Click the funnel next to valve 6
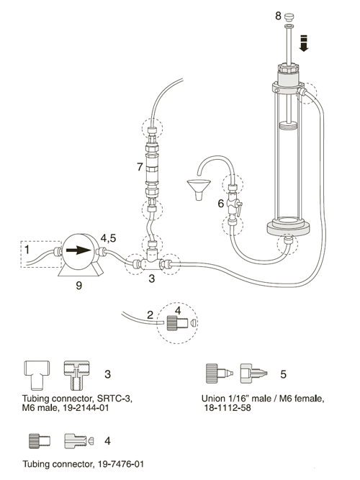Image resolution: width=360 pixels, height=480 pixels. pyautogui.click(x=199, y=189)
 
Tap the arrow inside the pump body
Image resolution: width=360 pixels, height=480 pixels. pyautogui.click(x=79, y=250)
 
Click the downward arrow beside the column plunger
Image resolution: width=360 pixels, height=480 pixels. pyautogui.click(x=304, y=43)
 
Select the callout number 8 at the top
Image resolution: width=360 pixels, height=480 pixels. pyautogui.click(x=278, y=16)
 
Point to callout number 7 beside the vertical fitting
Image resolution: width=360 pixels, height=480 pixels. pyautogui.click(x=140, y=167)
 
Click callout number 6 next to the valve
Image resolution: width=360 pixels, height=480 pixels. pyautogui.click(x=220, y=203)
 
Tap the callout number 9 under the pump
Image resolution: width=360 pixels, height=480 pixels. pyautogui.click(x=78, y=285)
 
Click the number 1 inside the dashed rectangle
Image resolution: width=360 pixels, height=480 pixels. pyautogui.click(x=27, y=250)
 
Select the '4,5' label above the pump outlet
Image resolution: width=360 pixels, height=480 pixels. pyautogui.click(x=109, y=238)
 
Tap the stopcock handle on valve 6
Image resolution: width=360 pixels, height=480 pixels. pyautogui.click(x=239, y=208)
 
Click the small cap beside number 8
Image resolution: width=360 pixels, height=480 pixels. pyautogui.click(x=288, y=16)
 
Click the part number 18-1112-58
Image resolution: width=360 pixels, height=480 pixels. pyautogui.click(x=228, y=408)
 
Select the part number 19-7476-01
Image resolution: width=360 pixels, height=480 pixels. pyautogui.click(x=121, y=464)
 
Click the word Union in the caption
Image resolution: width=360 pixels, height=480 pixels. pyautogui.click(x=214, y=398)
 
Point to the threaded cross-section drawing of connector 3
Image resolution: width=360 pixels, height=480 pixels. pyautogui.click(x=76, y=376)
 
